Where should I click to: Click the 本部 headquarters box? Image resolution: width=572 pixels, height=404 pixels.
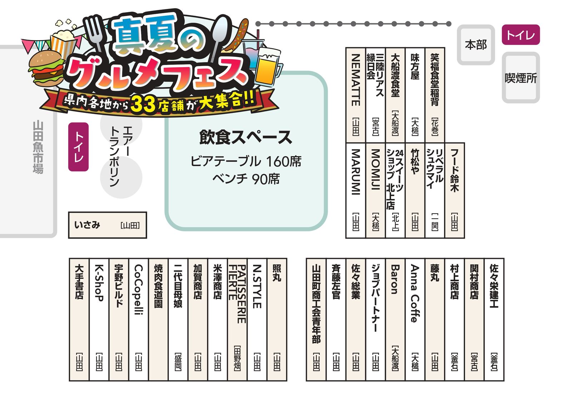[476, 45]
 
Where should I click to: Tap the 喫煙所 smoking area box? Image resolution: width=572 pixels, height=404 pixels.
[521, 78]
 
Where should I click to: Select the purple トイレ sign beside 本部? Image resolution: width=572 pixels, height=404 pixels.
[521, 35]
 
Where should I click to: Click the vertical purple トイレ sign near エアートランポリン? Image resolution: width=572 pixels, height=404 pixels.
[78, 147]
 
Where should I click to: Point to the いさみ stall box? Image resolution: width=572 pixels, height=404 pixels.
[108, 225]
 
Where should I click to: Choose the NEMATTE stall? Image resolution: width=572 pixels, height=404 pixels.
[356, 95]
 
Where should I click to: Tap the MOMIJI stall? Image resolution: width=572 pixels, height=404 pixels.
[375, 190]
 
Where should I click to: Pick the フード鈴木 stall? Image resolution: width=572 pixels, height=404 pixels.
[454, 190]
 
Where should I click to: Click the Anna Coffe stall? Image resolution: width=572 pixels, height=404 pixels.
[415, 320]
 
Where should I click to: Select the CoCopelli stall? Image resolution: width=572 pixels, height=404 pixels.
[138, 320]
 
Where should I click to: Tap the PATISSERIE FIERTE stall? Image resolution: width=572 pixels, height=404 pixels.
[237, 320]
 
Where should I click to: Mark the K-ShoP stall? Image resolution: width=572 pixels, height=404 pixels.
[99, 320]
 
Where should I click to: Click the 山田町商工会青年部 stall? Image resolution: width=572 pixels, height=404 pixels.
[316, 320]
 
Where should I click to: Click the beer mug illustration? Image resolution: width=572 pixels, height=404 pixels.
[268, 67]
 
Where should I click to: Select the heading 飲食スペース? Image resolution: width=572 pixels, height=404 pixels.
[245, 137]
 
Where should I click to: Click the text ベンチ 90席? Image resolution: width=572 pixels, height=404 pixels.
[246, 179]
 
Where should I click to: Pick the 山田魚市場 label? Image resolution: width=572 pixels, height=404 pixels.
[38, 147]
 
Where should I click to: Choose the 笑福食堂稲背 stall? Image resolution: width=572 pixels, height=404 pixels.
[435, 95]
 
